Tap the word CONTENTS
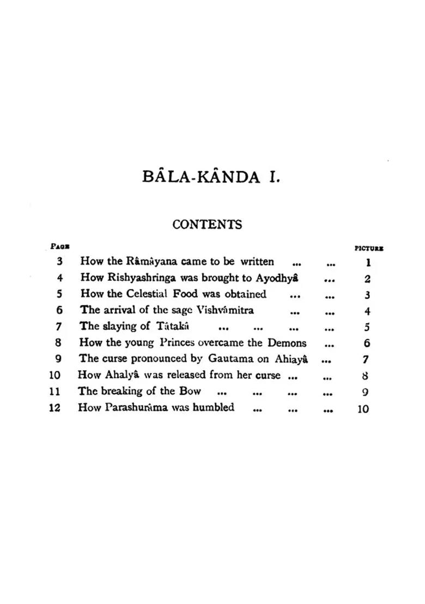click(207, 225)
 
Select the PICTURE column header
click(369, 249)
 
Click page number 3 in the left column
click(59, 262)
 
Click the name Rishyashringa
click(137, 278)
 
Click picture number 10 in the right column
click(363, 409)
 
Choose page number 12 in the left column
click(54, 408)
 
